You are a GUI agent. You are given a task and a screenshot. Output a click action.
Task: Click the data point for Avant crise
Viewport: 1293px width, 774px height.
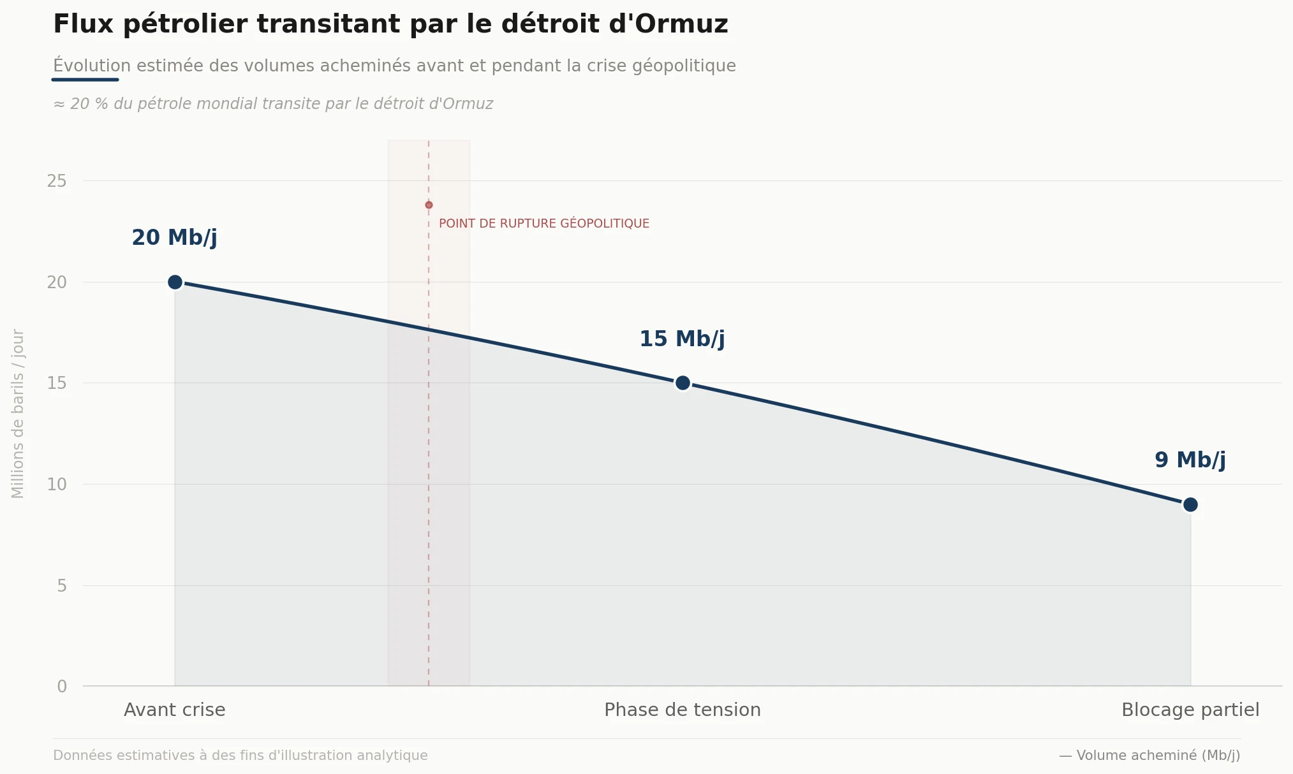coord(175,282)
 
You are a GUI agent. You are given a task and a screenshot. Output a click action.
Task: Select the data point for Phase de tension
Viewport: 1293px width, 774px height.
coord(683,383)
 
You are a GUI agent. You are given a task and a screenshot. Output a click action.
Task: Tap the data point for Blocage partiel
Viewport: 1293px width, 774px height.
coord(1190,504)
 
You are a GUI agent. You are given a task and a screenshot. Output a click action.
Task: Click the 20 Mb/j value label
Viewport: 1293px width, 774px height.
coord(174,238)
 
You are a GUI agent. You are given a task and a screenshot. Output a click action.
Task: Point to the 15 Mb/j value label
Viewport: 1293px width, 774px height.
coord(682,339)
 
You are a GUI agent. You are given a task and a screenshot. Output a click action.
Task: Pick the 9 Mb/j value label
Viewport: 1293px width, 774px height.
coord(1190,460)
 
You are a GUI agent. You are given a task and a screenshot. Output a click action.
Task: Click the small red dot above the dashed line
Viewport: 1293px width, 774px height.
coord(429,205)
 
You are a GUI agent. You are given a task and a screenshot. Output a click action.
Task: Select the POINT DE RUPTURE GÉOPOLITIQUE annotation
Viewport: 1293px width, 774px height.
coord(543,224)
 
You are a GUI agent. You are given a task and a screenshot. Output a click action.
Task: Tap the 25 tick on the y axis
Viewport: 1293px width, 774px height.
coord(57,181)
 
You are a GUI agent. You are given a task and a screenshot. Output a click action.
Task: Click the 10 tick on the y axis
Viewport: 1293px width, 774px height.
coord(57,485)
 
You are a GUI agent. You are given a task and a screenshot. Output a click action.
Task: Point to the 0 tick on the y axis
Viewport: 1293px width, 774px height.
coord(62,687)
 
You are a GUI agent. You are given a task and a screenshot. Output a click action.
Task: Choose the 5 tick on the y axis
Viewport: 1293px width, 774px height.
coord(62,586)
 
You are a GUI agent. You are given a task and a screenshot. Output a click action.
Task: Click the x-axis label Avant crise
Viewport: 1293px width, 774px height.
coord(174,710)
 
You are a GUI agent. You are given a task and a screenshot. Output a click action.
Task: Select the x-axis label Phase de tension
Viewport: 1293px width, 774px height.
coord(682,710)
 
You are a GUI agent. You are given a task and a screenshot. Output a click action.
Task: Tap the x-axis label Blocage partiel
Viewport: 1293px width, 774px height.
coord(1190,710)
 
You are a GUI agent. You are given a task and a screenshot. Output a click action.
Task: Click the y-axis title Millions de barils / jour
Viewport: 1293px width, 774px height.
coord(18,413)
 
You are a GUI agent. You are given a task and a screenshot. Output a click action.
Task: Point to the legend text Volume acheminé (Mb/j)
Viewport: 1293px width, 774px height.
coord(1158,756)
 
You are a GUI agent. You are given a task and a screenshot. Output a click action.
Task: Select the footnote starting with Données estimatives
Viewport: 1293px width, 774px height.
coord(240,756)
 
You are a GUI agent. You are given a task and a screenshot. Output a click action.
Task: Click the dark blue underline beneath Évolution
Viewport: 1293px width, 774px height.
coord(85,80)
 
